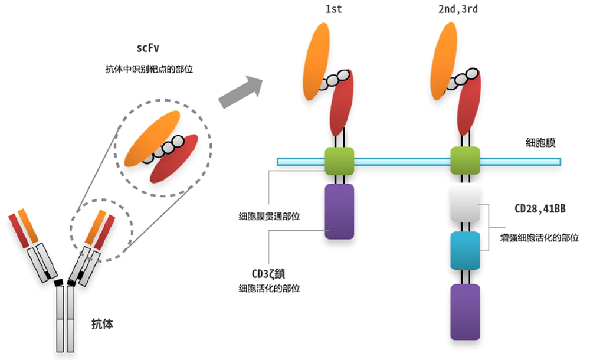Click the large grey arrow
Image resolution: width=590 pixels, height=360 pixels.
pyautogui.click(x=241, y=91)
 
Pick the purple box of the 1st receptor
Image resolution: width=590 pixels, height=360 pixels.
pyautogui.click(x=339, y=211)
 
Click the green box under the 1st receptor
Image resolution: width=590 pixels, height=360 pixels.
pyautogui.click(x=339, y=161)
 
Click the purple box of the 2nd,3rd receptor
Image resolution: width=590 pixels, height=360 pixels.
pyautogui.click(x=465, y=311)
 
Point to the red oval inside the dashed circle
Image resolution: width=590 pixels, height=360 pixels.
pyautogui.click(x=174, y=159)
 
